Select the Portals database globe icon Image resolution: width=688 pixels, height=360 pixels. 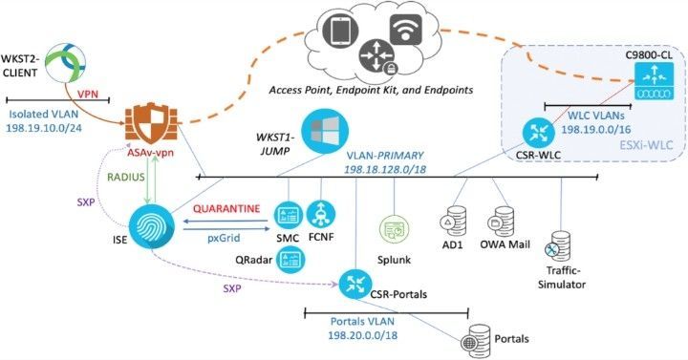pyautogui.click(x=475, y=337)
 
